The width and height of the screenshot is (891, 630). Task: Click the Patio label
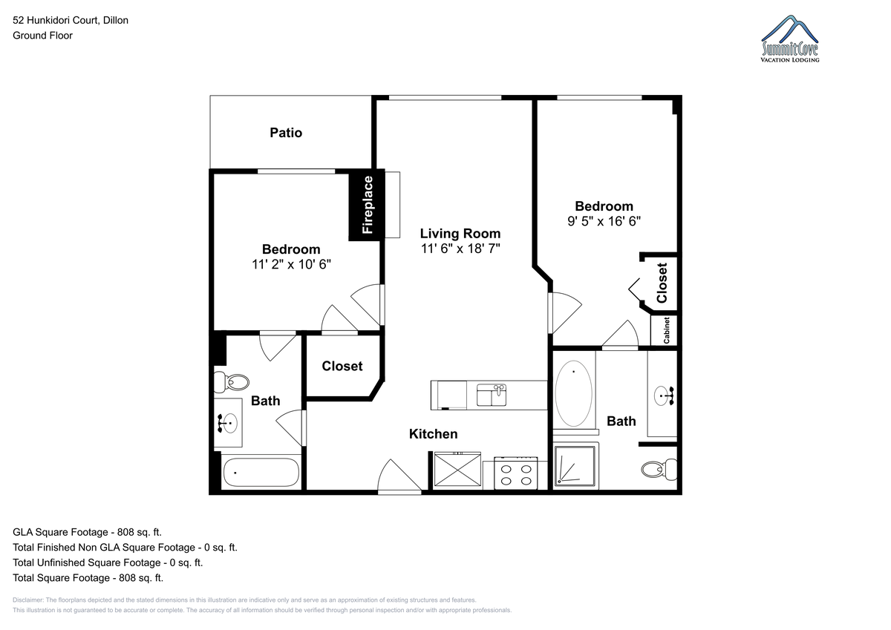click(x=286, y=133)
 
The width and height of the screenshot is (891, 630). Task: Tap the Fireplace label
click(x=368, y=205)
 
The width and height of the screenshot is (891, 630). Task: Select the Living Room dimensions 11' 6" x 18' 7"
click(x=460, y=249)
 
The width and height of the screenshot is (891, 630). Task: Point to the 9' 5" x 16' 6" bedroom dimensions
click(x=604, y=221)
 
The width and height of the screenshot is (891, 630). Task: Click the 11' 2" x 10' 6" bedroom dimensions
click(x=291, y=264)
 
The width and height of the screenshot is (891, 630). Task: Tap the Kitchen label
click(x=433, y=434)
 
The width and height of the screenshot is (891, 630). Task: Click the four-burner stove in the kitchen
click(x=516, y=473)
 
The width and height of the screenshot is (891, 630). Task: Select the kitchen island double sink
click(x=492, y=395)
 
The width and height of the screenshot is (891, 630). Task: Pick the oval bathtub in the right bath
click(x=573, y=393)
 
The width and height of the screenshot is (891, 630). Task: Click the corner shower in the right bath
click(x=575, y=466)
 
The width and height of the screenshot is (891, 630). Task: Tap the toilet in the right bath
click(x=659, y=469)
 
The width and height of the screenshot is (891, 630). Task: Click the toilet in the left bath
click(x=232, y=382)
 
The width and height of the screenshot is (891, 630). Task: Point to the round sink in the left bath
click(x=229, y=423)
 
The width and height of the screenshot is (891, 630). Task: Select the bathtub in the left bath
click(x=261, y=473)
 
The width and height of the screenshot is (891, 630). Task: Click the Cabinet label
click(x=667, y=330)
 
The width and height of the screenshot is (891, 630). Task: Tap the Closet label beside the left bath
click(x=342, y=366)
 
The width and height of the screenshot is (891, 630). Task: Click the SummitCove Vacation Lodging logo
click(x=789, y=39)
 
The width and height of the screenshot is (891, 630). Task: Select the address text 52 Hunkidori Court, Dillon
click(x=71, y=20)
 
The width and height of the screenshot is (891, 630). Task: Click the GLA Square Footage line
click(x=87, y=532)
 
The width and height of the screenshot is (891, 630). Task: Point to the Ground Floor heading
click(x=42, y=36)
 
